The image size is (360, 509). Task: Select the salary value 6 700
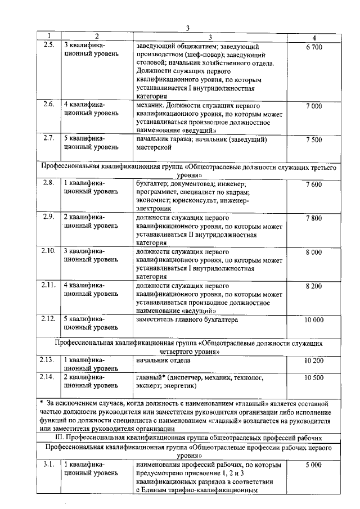tap(314, 47)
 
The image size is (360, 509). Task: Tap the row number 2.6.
tap(48, 105)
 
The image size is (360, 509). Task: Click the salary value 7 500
tap(314, 139)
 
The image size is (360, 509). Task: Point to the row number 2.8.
tap(48, 183)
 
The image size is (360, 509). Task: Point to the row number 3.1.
tap(48, 465)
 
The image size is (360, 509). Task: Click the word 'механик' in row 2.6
tap(150, 105)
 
